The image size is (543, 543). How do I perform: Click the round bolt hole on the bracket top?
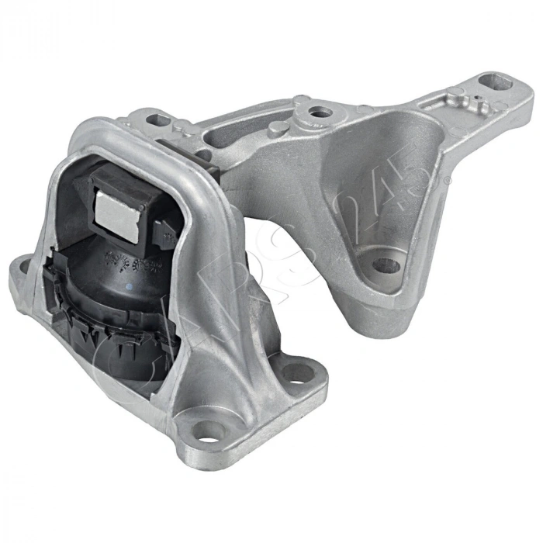pyautogui.click(x=319, y=113)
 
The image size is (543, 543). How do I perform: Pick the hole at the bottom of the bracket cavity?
pyautogui.click(x=386, y=266)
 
